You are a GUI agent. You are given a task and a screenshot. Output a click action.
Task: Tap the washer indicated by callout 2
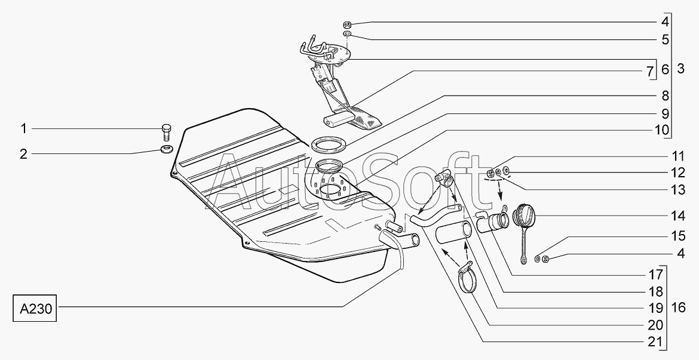166,148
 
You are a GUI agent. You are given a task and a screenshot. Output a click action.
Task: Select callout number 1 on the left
24,128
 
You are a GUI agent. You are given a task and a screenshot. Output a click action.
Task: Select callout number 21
657,341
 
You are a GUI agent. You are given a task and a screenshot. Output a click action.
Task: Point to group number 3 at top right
680,69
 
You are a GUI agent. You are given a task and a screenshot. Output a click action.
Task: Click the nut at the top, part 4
347,25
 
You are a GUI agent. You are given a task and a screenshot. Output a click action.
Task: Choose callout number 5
664,41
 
